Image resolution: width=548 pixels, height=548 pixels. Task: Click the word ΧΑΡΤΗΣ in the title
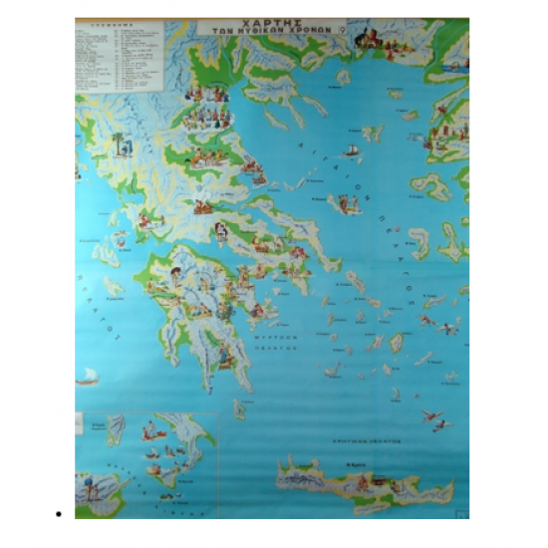pyautogui.click(x=271, y=21)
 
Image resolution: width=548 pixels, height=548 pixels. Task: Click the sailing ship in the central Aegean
pyautogui.click(x=351, y=151)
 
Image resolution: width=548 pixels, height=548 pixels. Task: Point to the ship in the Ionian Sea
pyautogui.click(x=88, y=377)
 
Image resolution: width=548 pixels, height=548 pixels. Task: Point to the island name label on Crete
pyautogui.click(x=355, y=464)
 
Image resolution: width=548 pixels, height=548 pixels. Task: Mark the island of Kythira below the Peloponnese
pyautogui.click(x=239, y=407)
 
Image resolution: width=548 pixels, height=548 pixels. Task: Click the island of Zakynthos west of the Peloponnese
pyautogui.click(x=113, y=285)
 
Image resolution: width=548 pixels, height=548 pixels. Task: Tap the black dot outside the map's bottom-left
pyautogui.click(x=61, y=514)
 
